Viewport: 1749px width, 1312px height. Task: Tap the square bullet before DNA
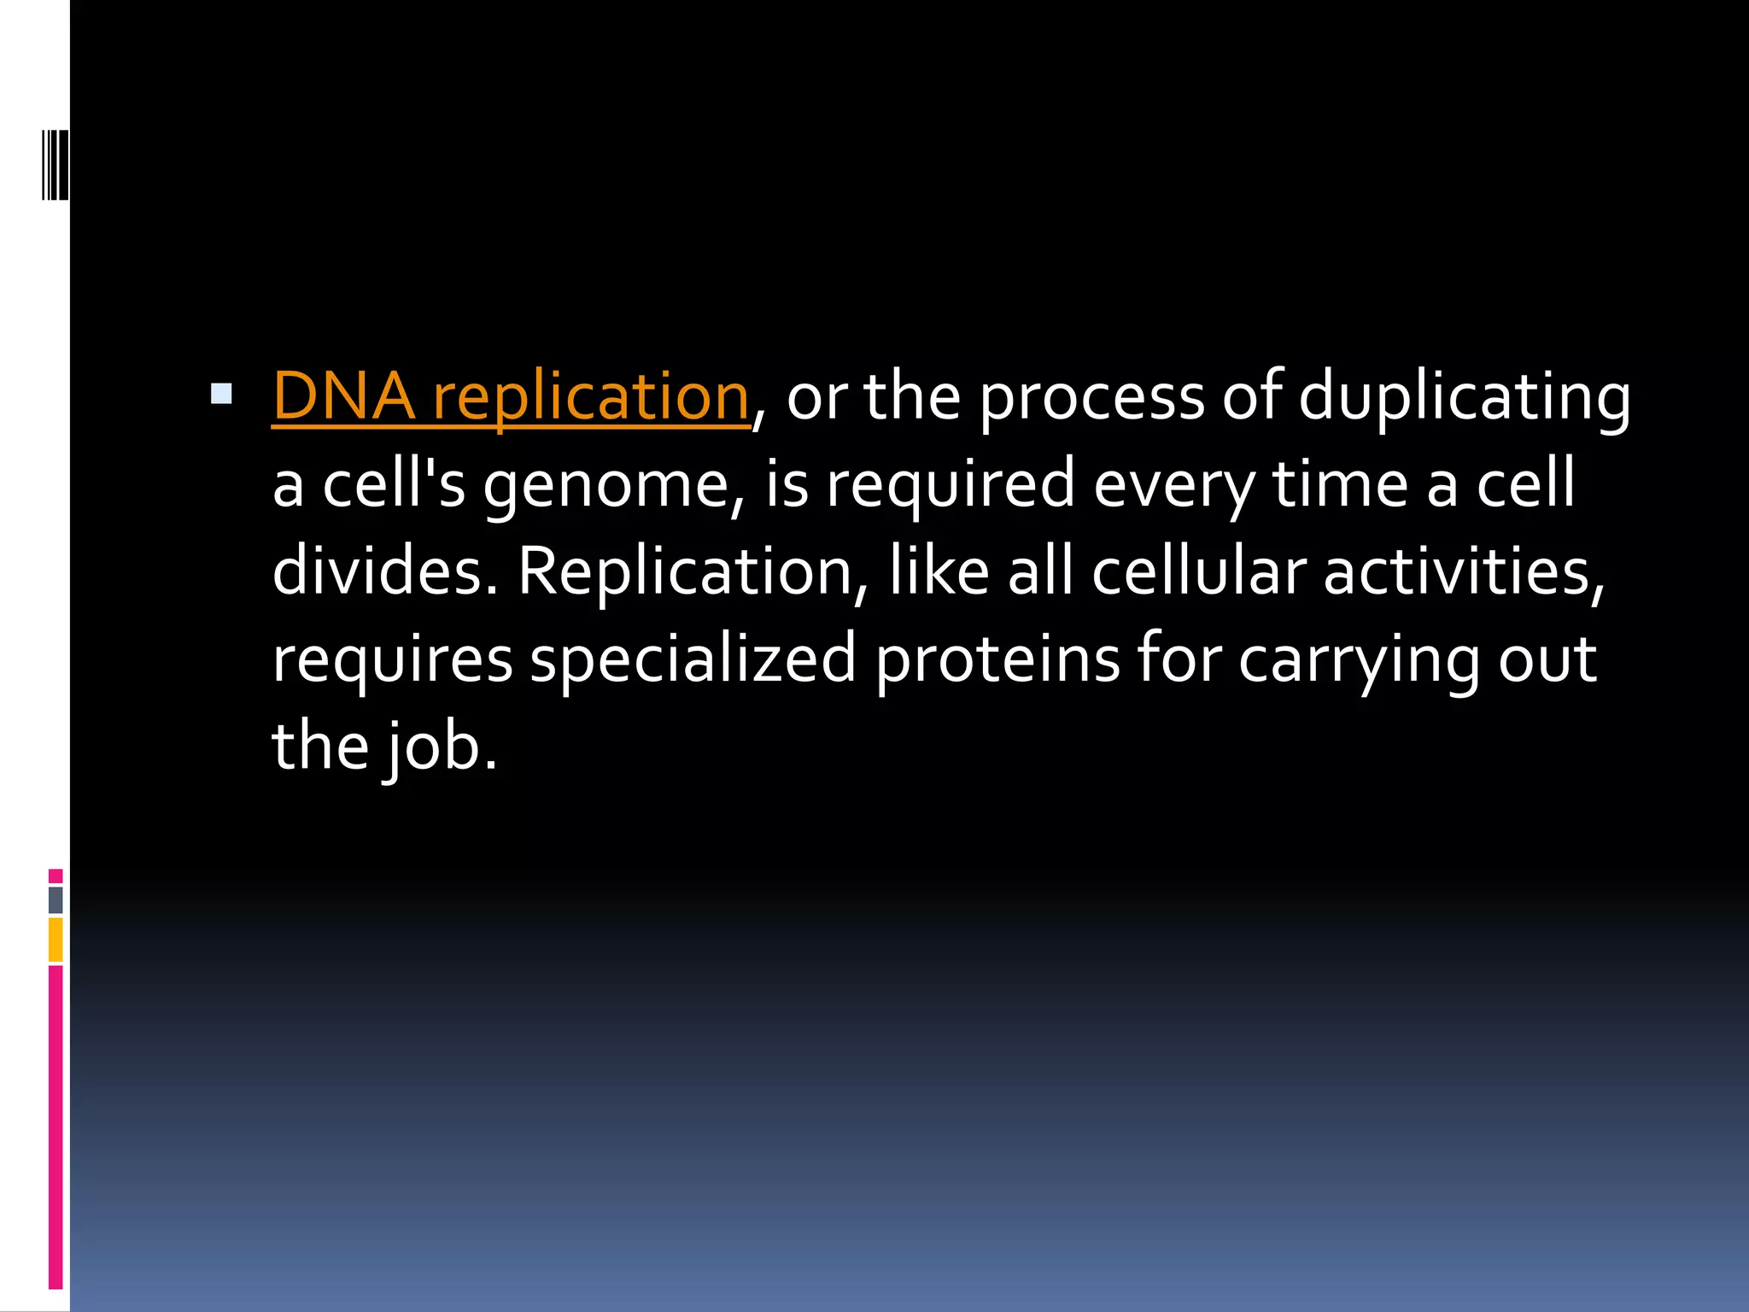[x=221, y=394]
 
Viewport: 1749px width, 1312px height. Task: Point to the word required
[x=950, y=484]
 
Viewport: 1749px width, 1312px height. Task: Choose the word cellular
[x=1198, y=571]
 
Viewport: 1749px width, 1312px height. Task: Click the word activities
[x=1463, y=571]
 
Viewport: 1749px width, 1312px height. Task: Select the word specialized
[x=692, y=659]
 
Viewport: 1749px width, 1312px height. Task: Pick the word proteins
[x=997, y=659]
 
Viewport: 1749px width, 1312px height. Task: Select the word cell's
[x=394, y=484]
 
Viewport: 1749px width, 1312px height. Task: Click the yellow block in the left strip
[x=56, y=940]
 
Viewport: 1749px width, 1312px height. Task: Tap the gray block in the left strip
[x=56, y=900]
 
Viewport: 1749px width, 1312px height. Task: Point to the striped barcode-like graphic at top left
[x=56, y=164]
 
